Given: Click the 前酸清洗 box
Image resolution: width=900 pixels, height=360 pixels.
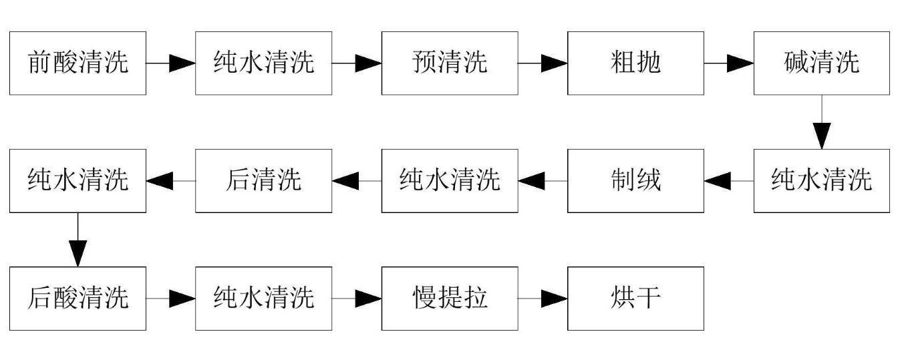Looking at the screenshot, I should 78,63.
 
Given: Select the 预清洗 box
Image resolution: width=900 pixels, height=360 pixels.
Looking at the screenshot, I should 450,63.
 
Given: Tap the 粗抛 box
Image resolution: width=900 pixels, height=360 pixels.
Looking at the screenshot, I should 635,63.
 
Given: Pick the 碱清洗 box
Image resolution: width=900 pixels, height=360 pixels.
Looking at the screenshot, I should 822,63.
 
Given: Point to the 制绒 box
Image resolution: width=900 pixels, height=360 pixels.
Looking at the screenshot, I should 635,181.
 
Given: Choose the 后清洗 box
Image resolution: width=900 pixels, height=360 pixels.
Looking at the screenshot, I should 263,181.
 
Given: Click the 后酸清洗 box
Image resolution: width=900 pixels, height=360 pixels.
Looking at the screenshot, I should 78,299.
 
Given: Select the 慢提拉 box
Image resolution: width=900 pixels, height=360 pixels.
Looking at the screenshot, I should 450,299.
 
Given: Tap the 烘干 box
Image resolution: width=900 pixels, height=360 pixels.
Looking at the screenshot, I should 635,299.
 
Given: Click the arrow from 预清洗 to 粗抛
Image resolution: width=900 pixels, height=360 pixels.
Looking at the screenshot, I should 543,63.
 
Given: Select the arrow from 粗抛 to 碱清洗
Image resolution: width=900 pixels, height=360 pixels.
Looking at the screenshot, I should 729,63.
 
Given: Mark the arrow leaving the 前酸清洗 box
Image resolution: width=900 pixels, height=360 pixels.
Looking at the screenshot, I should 170,63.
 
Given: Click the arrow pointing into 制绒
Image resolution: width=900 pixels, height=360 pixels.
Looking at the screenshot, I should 729,181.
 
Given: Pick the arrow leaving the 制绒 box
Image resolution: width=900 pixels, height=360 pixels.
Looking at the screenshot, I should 543,181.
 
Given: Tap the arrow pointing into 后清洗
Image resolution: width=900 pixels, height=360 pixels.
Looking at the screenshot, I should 357,181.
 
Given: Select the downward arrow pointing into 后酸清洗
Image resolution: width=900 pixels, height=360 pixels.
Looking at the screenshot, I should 78,240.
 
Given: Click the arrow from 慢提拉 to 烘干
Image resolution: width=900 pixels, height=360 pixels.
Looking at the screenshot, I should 543,299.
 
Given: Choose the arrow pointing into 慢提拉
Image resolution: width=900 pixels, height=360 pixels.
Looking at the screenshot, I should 357,299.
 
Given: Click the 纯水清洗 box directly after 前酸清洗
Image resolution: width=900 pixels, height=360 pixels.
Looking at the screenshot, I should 263,63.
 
